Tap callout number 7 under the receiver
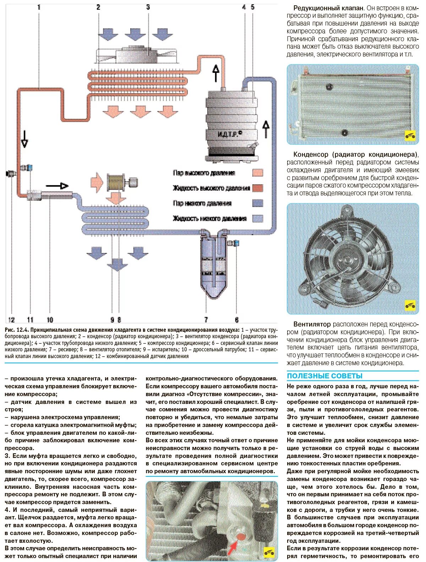tap(206, 320)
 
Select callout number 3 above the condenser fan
tap(148, 7)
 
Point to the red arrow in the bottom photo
tap(232, 547)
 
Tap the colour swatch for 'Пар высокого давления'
tap(258, 173)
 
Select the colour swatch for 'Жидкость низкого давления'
tap(258, 218)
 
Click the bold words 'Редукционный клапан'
tap(328, 8)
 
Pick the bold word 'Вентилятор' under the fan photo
tap(312, 324)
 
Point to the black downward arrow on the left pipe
tap(24, 139)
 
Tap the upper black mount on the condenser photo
tap(329, 86)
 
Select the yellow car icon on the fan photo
tap(410, 305)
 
